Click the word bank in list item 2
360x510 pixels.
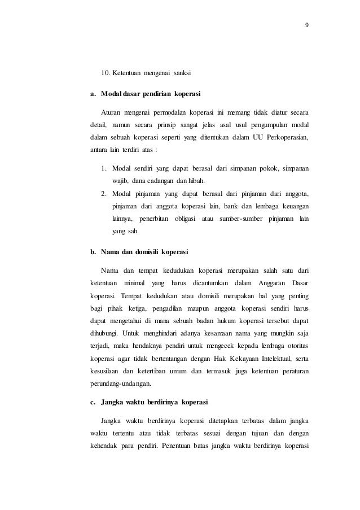click(x=228, y=206)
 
